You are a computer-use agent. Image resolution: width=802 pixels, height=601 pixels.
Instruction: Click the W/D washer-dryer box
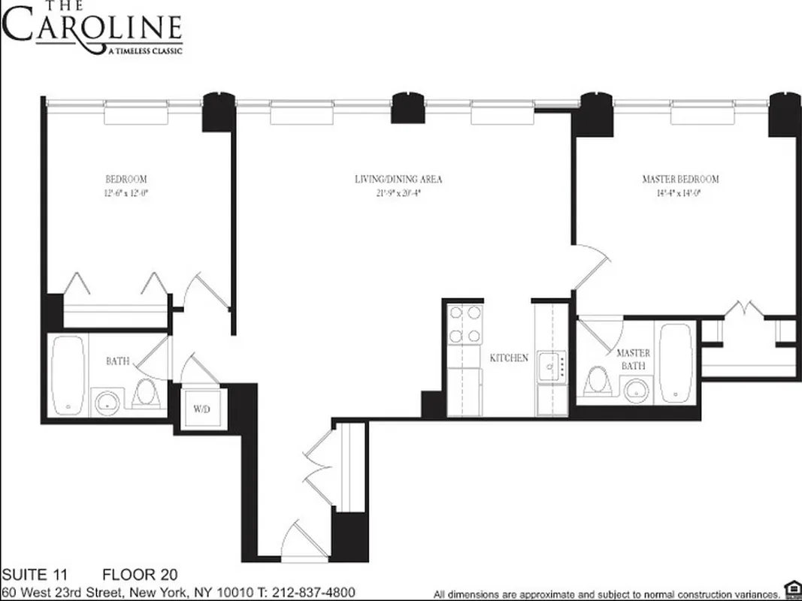click(x=201, y=409)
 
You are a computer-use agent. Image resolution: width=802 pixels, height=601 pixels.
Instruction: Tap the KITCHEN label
click(x=509, y=358)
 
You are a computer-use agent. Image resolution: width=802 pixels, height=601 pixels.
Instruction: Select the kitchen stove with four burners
click(x=465, y=325)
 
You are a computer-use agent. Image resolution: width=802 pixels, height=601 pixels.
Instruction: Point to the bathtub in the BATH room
click(x=68, y=374)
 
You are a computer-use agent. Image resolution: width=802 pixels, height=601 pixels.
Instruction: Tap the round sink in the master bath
click(x=637, y=389)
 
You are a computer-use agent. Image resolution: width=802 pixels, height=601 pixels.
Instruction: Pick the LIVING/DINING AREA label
click(x=398, y=179)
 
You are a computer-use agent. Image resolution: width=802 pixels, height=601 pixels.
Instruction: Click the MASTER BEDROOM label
click(x=679, y=179)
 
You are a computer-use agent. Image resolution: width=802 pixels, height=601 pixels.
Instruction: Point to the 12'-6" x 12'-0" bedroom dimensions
click(x=126, y=192)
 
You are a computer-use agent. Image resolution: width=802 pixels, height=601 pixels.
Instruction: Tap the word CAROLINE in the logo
click(x=92, y=29)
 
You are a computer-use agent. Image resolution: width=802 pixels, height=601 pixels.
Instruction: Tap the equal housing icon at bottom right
click(x=790, y=588)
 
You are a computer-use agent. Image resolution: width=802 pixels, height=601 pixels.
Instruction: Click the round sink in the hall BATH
click(x=107, y=402)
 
